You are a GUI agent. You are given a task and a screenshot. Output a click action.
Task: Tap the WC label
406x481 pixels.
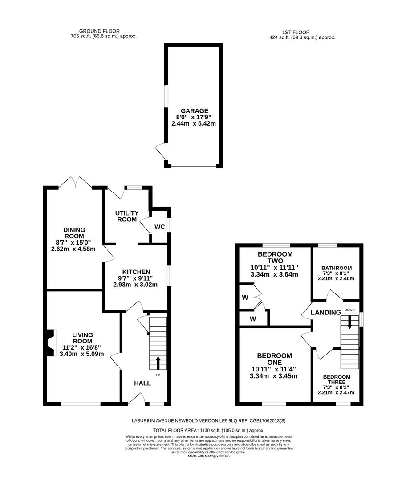(160, 227)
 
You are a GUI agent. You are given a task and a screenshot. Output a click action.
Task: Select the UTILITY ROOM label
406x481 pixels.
(127, 216)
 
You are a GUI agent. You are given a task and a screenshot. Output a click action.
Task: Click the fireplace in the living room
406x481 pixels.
(51, 343)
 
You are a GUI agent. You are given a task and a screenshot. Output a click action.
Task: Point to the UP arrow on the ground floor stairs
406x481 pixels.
(158, 363)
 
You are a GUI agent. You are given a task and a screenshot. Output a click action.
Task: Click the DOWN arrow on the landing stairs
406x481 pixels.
(350, 322)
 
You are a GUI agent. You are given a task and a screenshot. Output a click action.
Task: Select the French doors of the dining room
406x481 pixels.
(76, 183)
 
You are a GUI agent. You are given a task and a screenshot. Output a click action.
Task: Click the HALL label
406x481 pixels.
(142, 383)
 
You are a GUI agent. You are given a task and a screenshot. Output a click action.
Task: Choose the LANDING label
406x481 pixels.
(325, 313)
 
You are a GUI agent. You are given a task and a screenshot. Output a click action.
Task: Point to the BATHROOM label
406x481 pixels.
(337, 268)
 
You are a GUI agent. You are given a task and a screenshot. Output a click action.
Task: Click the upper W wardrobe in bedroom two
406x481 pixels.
(245, 297)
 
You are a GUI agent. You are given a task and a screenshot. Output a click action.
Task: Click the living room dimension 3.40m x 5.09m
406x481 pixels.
(82, 354)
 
